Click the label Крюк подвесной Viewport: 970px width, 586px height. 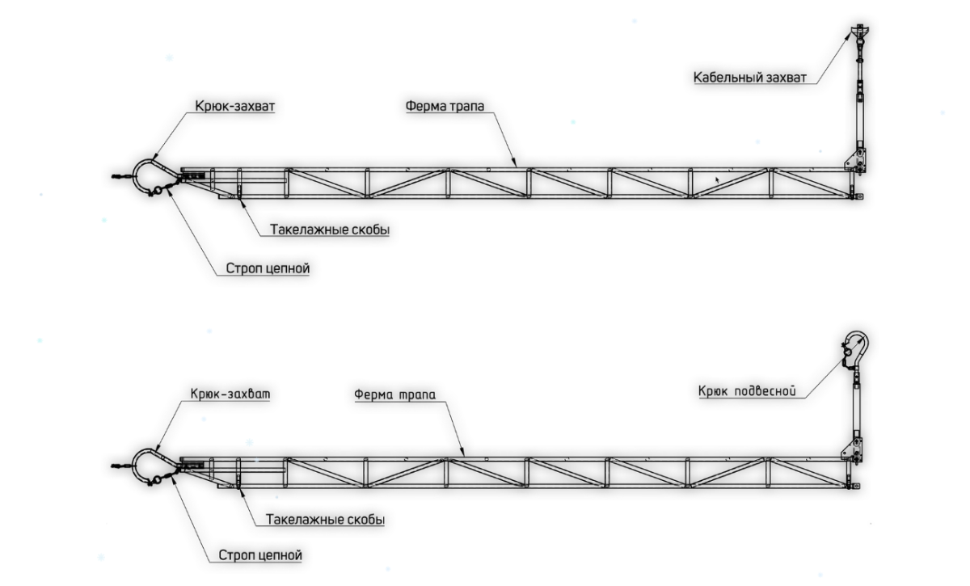748,391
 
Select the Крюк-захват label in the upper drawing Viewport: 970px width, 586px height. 234,105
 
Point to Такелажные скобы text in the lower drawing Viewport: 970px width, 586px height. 320,520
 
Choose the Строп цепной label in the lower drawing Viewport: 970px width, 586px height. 259,557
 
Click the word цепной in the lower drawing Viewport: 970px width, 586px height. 283,557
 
